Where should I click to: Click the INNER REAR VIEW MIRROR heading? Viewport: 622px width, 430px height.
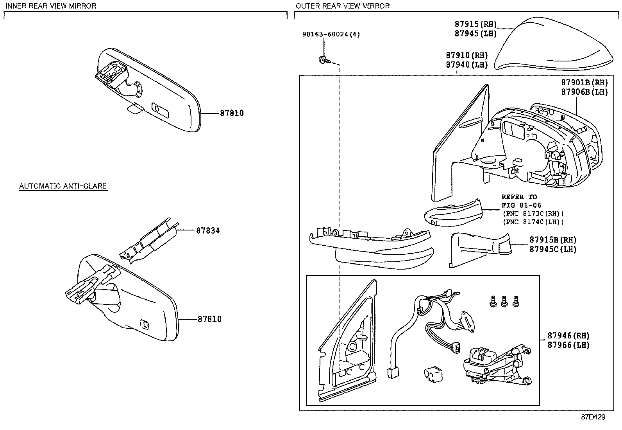51,5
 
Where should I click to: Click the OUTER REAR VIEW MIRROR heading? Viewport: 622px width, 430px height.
342,5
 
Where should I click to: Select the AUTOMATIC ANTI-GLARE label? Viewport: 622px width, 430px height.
63,186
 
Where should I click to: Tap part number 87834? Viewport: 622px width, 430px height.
208,231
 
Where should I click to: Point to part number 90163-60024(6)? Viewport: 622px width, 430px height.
331,34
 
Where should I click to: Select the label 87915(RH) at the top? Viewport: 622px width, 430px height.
475,24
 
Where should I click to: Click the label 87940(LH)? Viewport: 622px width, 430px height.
467,65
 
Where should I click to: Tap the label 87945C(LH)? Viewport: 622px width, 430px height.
553,249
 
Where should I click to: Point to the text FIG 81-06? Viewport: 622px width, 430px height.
522,205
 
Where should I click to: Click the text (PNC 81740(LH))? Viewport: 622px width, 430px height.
533,222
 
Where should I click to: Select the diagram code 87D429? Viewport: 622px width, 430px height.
593,417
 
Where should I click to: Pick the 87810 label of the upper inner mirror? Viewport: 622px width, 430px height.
232,113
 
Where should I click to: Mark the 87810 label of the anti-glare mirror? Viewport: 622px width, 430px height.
209,319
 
